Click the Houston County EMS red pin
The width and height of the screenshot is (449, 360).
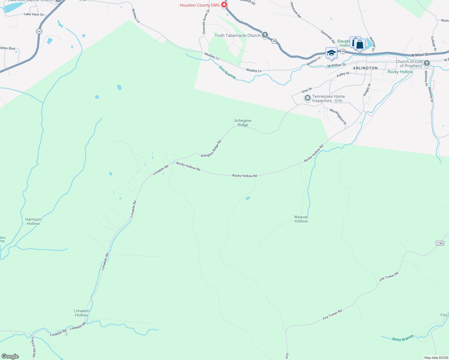(x=224, y=5)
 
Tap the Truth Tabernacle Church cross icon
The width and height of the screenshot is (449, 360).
(x=265, y=35)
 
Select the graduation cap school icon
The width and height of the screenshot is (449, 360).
(x=331, y=53)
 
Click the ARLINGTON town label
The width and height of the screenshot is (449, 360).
(x=365, y=68)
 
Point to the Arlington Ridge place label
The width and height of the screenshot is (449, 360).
(x=243, y=123)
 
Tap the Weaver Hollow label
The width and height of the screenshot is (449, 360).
(x=301, y=219)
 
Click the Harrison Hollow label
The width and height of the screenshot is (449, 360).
(x=33, y=221)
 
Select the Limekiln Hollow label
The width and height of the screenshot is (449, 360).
(x=81, y=313)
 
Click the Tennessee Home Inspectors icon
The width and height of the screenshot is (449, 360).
(x=307, y=98)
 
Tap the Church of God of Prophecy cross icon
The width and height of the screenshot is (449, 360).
(x=426, y=63)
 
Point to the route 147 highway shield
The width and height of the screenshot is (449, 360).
(x=39, y=31)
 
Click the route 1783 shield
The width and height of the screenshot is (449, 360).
(x=440, y=243)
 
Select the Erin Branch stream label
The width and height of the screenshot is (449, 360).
(x=227, y=73)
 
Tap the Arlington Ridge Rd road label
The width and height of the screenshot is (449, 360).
(x=211, y=148)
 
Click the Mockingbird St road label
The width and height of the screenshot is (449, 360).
(x=338, y=117)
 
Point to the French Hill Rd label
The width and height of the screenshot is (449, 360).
(x=33, y=347)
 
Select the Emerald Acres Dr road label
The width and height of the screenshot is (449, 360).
(x=206, y=21)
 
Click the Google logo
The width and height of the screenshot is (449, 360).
(x=10, y=356)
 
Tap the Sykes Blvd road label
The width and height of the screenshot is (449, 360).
(x=8, y=48)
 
